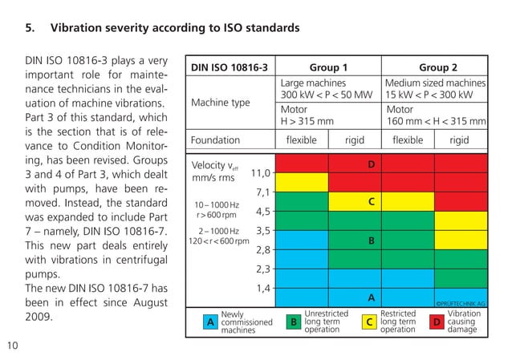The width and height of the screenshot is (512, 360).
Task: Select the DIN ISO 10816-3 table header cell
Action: click(229, 67)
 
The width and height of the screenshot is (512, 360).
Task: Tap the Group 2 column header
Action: click(437, 67)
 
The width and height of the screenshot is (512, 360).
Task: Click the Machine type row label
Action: click(220, 103)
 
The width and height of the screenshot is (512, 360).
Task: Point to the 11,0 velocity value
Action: click(262, 172)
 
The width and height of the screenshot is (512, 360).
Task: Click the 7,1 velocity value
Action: click(262, 192)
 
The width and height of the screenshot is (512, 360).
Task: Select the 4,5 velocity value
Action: click(262, 212)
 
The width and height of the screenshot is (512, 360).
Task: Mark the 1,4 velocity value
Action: click(262, 288)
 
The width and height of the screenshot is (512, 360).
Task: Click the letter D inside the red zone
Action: click(371, 164)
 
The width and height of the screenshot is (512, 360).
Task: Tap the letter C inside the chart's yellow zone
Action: click(371, 202)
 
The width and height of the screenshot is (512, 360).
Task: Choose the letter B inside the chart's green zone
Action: click(371, 240)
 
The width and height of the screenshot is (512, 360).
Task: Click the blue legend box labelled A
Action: click(210, 322)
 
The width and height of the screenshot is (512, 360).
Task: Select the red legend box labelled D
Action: click(437, 322)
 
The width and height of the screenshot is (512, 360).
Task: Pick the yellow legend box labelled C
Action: click(369, 322)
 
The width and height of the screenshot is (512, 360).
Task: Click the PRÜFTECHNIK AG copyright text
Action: click(460, 303)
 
